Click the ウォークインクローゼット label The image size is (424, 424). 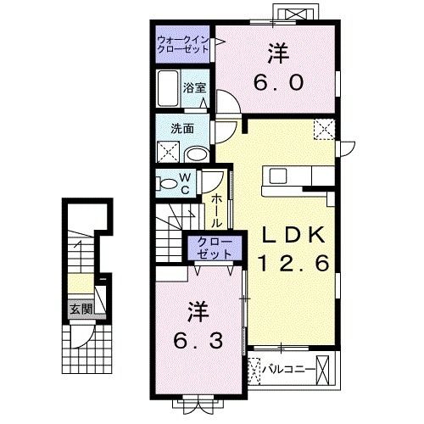(181, 44)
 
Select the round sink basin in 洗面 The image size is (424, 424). (196, 153)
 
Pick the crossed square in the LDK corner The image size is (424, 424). (322, 130)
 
